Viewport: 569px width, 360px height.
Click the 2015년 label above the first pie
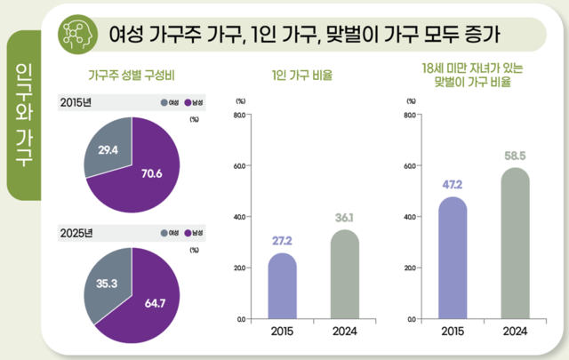pyautogui.click(x=75, y=100)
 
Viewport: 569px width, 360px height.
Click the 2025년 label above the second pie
pyautogui.click(x=75, y=234)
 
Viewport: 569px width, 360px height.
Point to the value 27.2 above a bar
pyautogui.click(x=283, y=241)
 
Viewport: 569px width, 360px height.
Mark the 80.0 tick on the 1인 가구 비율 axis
pyautogui.click(x=239, y=115)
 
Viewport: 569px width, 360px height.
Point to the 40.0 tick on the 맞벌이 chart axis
pyautogui.click(x=409, y=216)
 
